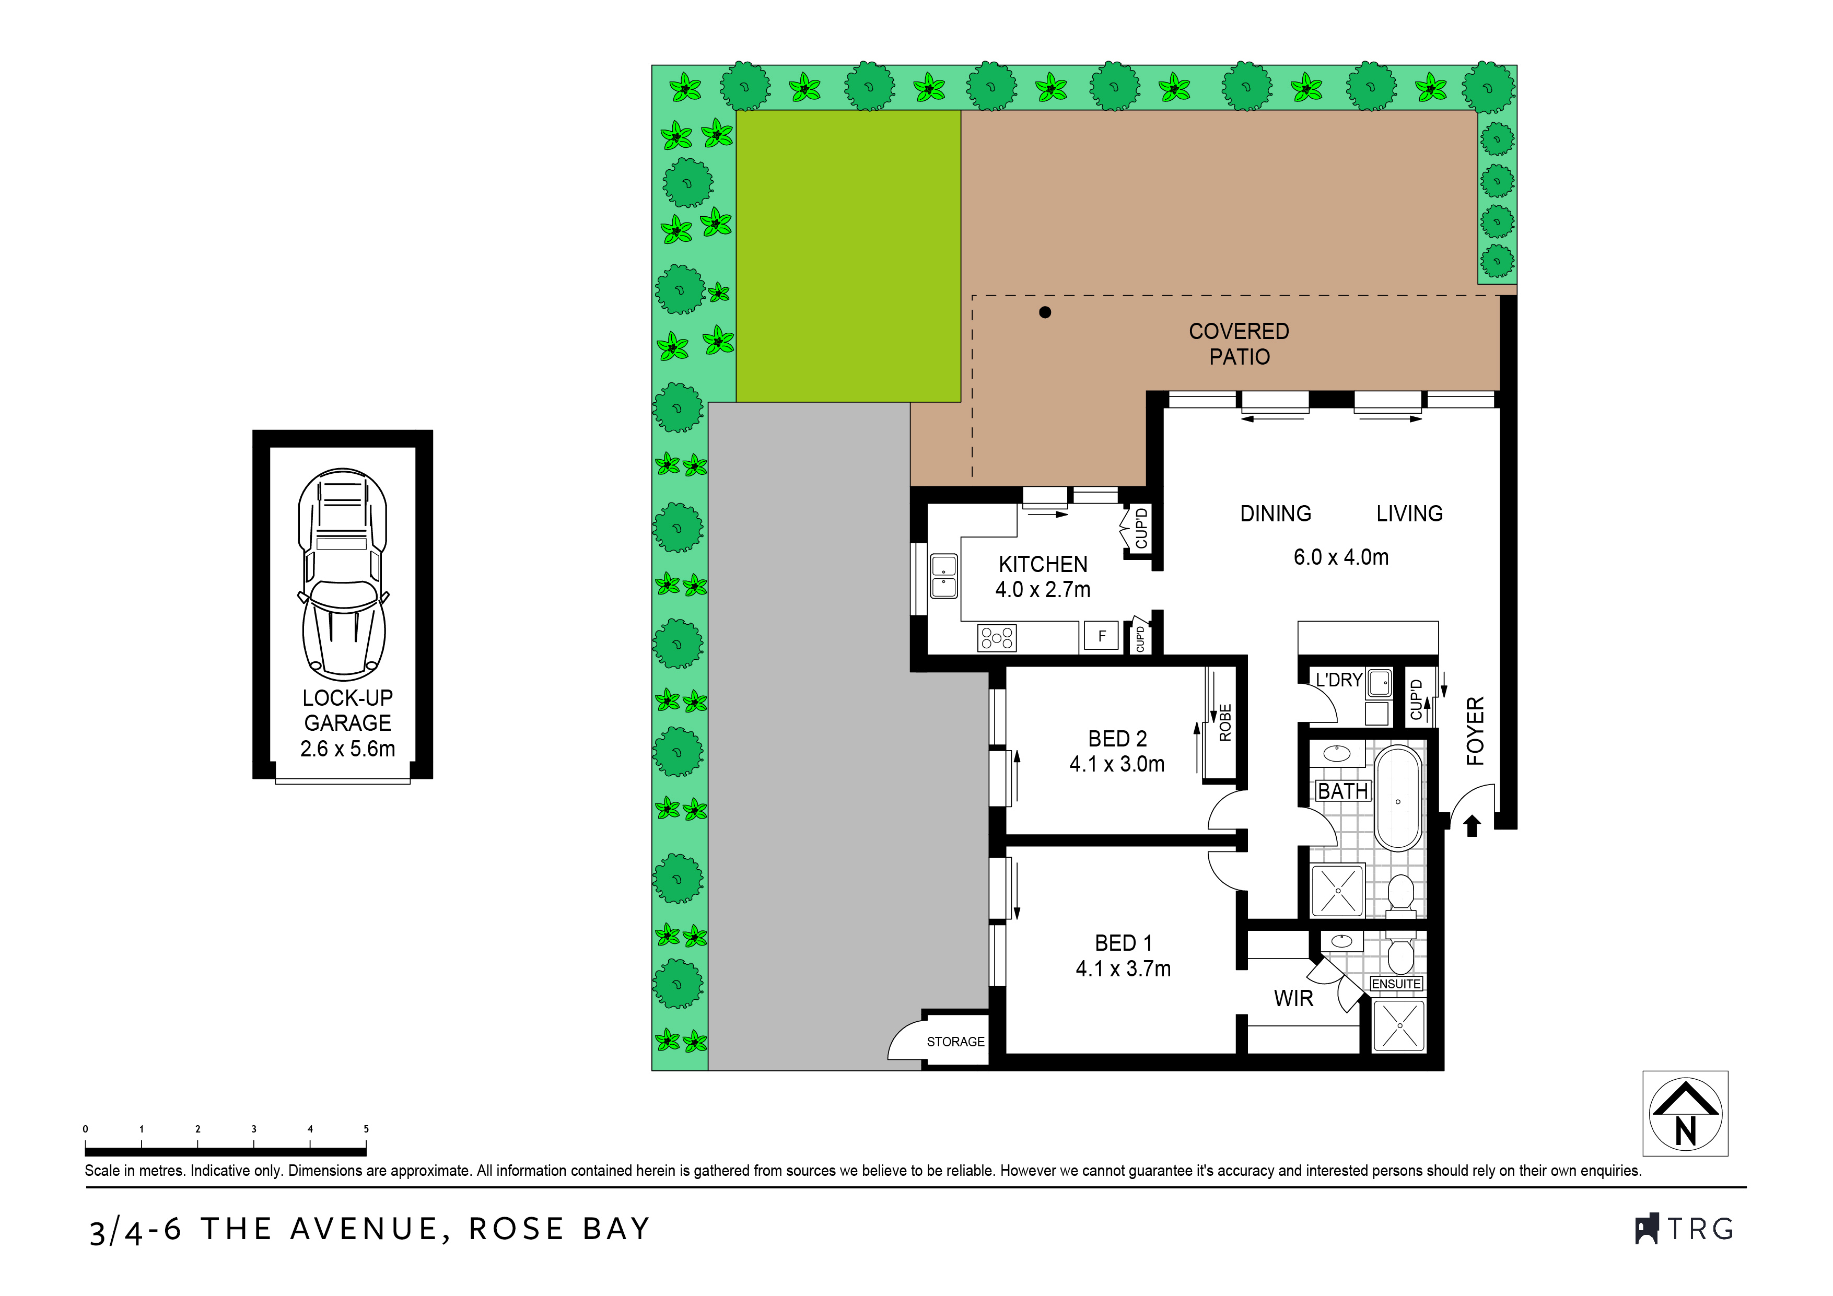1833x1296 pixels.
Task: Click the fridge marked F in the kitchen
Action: [x=1101, y=636]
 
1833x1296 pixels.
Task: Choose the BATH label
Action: [x=1343, y=791]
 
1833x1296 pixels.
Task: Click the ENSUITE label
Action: [x=1396, y=984]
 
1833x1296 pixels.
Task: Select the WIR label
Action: [x=1293, y=998]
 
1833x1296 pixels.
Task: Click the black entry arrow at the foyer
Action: [x=1473, y=826]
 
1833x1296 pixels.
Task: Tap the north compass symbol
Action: [x=1685, y=1113]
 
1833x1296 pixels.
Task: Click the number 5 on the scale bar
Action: [x=366, y=1129]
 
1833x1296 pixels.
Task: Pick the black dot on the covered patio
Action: [x=1045, y=312]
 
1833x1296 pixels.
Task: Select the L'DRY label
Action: [x=1339, y=680]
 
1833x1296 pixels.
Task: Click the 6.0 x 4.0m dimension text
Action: [x=1341, y=557]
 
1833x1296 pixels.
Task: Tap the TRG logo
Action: [x=1685, y=1229]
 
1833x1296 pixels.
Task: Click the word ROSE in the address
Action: [x=516, y=1229]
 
